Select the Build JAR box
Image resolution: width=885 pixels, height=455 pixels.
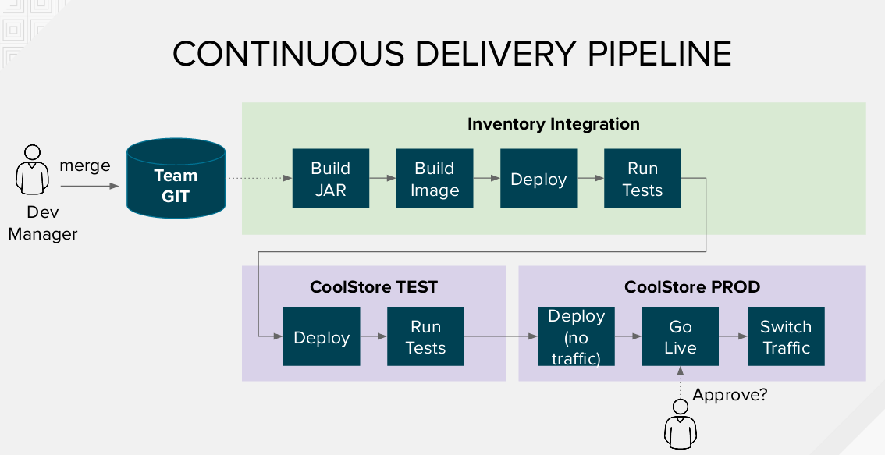point(330,179)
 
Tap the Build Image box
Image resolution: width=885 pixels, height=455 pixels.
point(434,179)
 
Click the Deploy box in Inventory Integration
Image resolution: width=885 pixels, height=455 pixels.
point(538,179)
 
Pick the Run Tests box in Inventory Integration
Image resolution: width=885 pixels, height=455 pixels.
point(642,179)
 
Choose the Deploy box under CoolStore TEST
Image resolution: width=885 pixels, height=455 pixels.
point(322,337)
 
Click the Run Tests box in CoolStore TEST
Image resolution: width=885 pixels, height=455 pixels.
point(425,337)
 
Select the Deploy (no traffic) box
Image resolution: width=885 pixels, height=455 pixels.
point(577,337)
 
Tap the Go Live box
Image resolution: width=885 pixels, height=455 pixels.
point(680,337)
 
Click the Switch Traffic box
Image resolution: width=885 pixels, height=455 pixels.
point(786,337)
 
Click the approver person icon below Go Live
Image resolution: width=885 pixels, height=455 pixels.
point(680,426)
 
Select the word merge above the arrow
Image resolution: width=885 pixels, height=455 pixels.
point(85,165)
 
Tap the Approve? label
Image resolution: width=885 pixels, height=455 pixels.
point(730,394)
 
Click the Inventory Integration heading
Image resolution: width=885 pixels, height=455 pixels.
point(553,124)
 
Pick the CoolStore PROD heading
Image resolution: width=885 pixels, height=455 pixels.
point(692,287)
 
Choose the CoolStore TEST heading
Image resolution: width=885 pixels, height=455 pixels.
point(374,287)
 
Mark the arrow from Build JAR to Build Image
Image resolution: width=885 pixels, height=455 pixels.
point(382,179)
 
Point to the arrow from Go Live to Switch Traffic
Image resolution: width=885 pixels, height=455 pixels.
point(733,337)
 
